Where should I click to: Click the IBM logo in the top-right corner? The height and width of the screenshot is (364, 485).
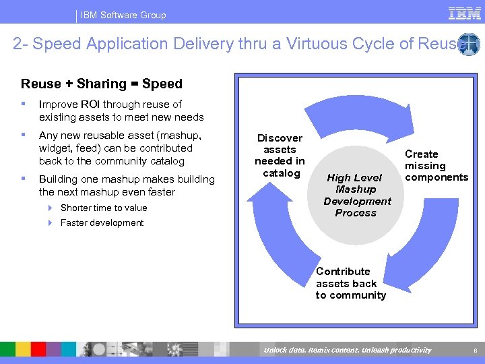[x=465, y=13]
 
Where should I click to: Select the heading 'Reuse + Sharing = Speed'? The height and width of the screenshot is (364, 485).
[x=102, y=84]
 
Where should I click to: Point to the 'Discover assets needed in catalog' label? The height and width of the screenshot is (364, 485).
[x=280, y=156]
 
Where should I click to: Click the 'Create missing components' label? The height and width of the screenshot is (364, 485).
[x=436, y=166]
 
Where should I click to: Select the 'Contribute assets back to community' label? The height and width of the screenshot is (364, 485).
[x=351, y=283]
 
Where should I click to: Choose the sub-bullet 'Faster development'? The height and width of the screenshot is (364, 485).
[x=102, y=222]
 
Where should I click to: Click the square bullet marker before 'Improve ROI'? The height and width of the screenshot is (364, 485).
[x=24, y=104]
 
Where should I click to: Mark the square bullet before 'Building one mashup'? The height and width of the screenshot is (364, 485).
[x=24, y=179]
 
